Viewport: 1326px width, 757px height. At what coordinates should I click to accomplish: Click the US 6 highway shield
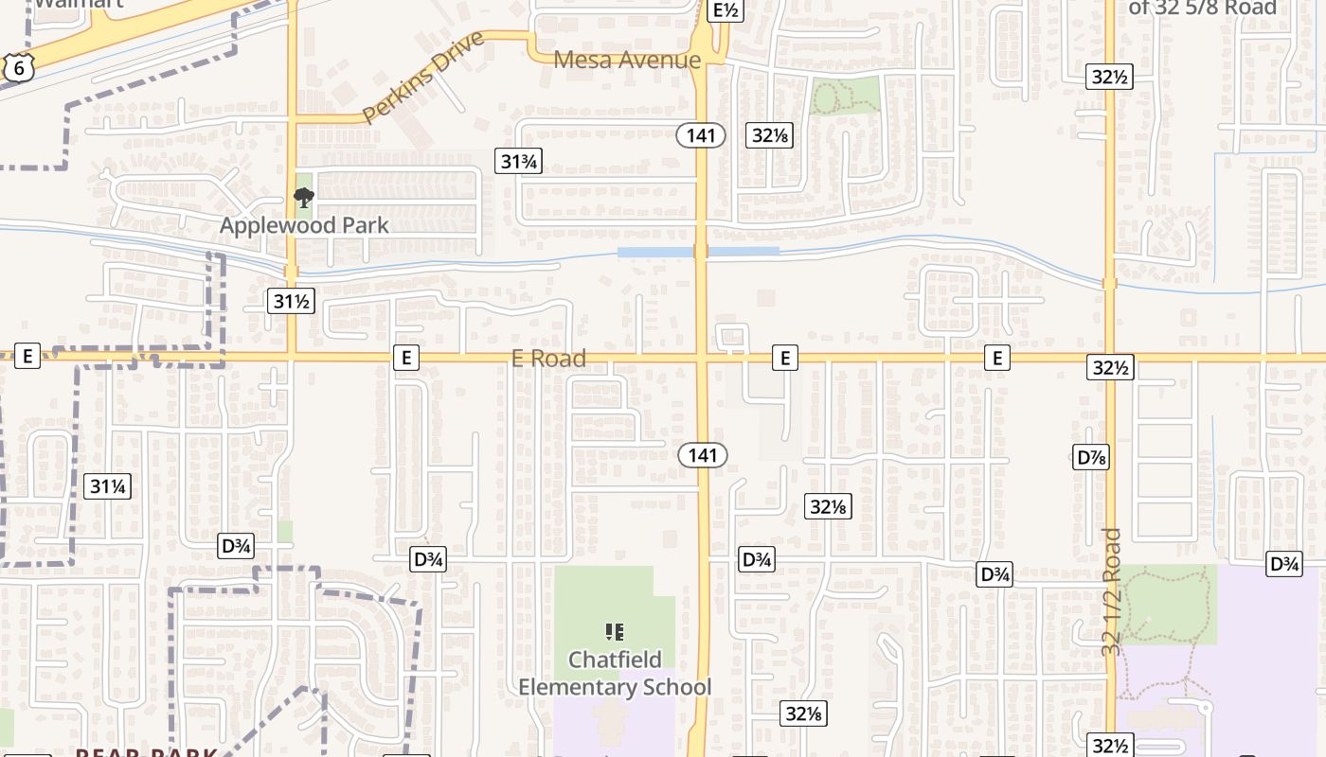pyautogui.click(x=18, y=66)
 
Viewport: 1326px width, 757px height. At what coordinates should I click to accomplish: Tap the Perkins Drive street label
pyautogui.click(x=422, y=77)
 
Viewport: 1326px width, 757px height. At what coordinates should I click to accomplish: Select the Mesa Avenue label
pyautogui.click(x=627, y=60)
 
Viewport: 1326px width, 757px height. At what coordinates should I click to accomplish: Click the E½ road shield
pyautogui.click(x=726, y=10)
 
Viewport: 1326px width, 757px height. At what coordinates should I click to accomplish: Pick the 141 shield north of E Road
pyautogui.click(x=701, y=135)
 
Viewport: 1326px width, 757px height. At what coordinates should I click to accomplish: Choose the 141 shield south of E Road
pyautogui.click(x=703, y=455)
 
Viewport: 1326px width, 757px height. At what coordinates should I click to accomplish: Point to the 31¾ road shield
pyautogui.click(x=518, y=161)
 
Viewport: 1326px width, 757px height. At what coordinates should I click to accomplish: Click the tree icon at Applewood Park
pyautogui.click(x=304, y=197)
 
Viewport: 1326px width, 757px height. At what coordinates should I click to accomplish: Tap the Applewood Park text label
pyautogui.click(x=304, y=225)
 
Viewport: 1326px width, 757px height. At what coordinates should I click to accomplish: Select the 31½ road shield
pyautogui.click(x=290, y=302)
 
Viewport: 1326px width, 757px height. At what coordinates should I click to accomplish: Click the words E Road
pyautogui.click(x=548, y=358)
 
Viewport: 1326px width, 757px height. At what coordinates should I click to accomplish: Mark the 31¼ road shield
pyautogui.click(x=108, y=487)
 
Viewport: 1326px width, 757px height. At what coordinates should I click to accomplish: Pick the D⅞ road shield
pyautogui.click(x=1092, y=457)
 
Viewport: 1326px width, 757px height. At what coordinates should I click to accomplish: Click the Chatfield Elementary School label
pyautogui.click(x=615, y=673)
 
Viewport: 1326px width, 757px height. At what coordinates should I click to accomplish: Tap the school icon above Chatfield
pyautogui.click(x=615, y=631)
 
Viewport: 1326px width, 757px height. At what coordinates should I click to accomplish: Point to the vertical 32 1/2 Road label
pyautogui.click(x=1112, y=592)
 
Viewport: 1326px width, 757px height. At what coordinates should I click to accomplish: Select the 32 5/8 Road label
pyautogui.click(x=1203, y=8)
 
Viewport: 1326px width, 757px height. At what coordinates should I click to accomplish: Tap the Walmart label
pyautogui.click(x=66, y=3)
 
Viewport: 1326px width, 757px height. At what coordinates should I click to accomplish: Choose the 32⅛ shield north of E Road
pyautogui.click(x=770, y=135)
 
